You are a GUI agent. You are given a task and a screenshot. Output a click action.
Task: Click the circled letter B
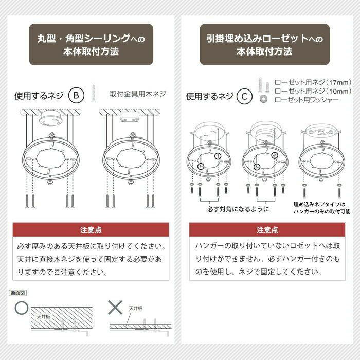(76, 95)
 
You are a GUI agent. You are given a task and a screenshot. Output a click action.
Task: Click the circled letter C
(244, 96)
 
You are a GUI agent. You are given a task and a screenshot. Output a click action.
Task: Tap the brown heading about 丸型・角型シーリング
(91, 44)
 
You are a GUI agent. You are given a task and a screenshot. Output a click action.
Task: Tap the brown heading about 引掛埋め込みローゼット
(265, 44)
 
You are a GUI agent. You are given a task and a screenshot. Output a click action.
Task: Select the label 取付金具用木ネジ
(138, 94)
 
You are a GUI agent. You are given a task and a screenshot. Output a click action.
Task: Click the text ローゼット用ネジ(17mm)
(313, 82)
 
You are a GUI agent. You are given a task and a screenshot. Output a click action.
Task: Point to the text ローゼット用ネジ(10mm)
(313, 91)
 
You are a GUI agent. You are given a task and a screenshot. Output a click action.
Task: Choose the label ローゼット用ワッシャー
(307, 100)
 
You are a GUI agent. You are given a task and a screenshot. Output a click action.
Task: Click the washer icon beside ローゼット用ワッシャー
(263, 99)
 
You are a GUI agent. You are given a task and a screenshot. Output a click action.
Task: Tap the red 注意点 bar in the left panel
(91, 229)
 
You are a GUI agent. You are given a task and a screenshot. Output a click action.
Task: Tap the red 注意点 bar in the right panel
(267, 229)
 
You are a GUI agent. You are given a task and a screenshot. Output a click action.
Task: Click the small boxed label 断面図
(17, 293)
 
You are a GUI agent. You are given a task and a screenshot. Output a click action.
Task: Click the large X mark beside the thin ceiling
(115, 308)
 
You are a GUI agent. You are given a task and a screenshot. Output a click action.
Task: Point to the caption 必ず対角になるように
(238, 209)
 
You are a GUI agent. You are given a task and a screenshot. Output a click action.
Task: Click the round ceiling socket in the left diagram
(51, 118)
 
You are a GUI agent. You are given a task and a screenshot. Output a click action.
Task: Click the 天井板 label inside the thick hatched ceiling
(44, 317)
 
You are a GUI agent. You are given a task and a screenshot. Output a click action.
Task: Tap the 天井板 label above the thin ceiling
(135, 308)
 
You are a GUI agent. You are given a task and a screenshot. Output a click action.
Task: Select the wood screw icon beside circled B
(94, 93)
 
